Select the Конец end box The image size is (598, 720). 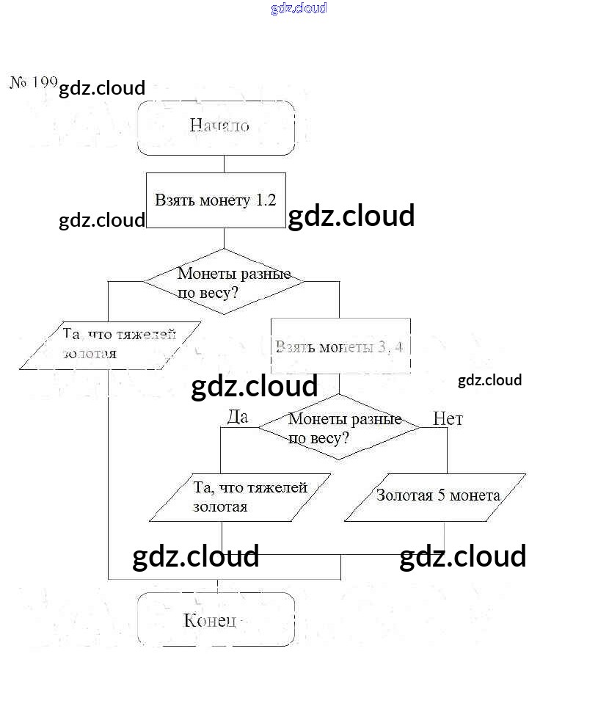(x=217, y=620)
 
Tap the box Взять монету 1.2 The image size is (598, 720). (x=215, y=200)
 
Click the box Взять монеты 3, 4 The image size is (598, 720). (x=340, y=346)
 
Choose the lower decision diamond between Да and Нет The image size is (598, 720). (x=338, y=428)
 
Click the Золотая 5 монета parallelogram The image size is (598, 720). (x=435, y=497)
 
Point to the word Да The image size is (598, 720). (x=238, y=417)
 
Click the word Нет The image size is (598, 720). (x=448, y=418)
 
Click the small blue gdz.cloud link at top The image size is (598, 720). (x=299, y=9)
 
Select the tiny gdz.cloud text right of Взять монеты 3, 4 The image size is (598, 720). (x=489, y=380)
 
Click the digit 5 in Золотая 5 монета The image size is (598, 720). (x=442, y=495)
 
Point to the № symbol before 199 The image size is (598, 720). (x=18, y=81)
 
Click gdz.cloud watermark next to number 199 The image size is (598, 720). (x=102, y=89)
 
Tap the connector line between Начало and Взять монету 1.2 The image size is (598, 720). (x=224, y=164)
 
